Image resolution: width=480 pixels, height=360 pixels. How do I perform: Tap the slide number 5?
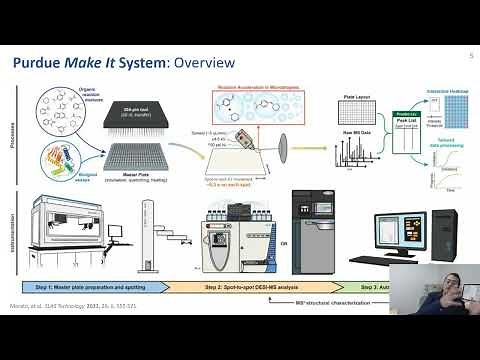(469, 57)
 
